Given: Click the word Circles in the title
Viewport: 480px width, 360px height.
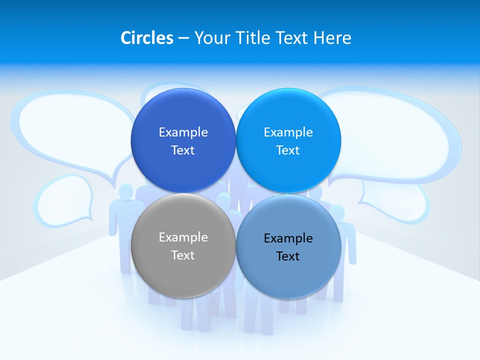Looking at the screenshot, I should coord(146,38).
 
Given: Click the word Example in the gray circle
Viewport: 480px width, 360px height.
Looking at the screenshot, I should coord(183,237).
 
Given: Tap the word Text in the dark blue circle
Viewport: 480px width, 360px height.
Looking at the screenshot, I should coord(183,150).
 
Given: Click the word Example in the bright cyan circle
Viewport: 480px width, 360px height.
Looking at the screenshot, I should coord(288,132).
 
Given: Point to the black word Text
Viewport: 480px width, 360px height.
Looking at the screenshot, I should coord(288,256).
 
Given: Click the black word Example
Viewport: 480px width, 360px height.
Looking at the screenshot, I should coord(288,238).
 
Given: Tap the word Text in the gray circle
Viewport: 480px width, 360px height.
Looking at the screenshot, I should coord(183,255).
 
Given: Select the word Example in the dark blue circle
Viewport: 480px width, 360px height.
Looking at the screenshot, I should coord(183,132).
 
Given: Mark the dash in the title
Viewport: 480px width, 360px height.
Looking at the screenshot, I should coord(183,38).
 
